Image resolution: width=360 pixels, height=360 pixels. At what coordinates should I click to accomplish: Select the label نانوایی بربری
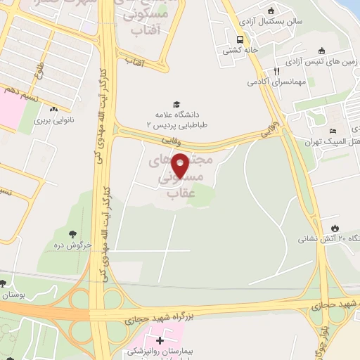[x=53, y=120]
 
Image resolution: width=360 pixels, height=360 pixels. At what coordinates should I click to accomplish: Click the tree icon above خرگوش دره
[x=72, y=234]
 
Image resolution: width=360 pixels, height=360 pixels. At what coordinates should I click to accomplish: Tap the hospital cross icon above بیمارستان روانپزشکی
[x=161, y=339]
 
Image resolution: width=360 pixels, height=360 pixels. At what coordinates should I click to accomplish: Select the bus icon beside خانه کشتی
[x=240, y=39]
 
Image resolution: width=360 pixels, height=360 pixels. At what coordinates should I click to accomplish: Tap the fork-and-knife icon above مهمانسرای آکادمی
[x=276, y=71]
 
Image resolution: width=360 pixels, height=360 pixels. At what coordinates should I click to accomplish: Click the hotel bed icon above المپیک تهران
[x=333, y=131]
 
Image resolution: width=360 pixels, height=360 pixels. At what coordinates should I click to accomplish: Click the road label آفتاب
[x=134, y=63]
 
